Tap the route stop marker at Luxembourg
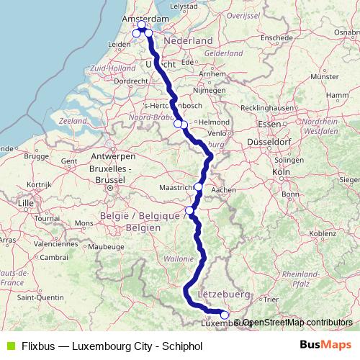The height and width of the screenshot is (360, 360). tap(224, 315)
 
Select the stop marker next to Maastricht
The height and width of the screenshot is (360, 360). tap(199, 186)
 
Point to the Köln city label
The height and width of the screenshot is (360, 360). tap(280, 174)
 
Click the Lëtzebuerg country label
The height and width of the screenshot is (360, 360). tap(222, 294)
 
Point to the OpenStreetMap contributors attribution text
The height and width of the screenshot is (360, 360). tap(297, 323)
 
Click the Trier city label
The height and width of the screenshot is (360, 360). tap(271, 298)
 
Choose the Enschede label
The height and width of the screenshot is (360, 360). tap(276, 37)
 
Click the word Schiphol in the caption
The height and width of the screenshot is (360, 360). tap(181, 346)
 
